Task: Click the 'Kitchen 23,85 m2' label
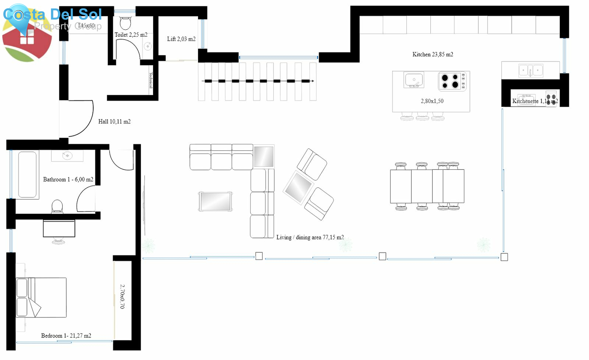(433, 54)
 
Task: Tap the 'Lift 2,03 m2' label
(181, 39)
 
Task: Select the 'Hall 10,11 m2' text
(114, 121)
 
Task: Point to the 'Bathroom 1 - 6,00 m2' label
(68, 179)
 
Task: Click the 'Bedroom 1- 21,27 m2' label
(66, 335)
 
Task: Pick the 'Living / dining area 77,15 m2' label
(310, 237)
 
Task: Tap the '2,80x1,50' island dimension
(432, 101)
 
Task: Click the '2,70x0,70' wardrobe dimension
(122, 297)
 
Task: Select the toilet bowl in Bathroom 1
(57, 207)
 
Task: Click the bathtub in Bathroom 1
(27, 174)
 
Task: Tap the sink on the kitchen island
(414, 80)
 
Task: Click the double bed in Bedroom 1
(41, 297)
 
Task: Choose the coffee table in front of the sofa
(215, 201)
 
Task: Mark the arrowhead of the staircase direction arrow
(312, 81)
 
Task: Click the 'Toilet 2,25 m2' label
(131, 35)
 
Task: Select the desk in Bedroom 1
(59, 228)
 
